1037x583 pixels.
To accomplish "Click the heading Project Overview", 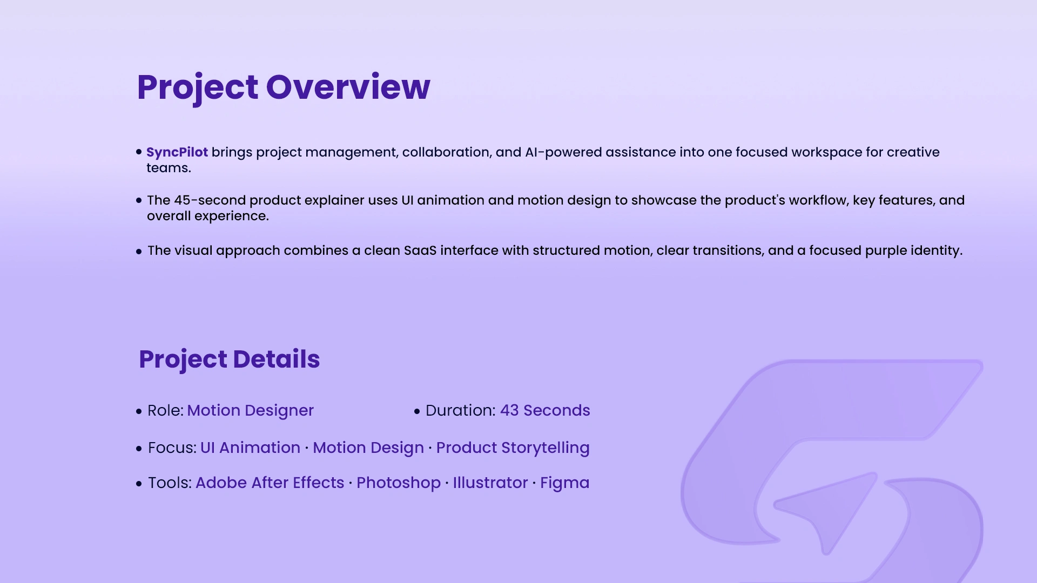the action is pos(284,87).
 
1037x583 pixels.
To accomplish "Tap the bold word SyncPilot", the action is pos(177,153).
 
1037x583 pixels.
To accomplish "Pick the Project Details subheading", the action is pos(230,360).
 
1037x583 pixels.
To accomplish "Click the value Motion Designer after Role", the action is pos(251,411).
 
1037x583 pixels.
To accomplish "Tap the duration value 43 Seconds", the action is pos(545,410).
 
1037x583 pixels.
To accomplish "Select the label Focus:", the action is pos(172,448).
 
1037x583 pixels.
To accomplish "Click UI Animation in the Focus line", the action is pos(250,448).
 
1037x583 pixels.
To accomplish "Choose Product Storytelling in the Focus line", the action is pos(513,448).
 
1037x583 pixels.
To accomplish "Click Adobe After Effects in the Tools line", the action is pos(270,483).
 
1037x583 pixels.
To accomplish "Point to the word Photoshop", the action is pos(399,483).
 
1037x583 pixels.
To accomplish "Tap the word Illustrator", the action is pos(490,483).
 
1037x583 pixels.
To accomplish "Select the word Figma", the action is pos(565,483).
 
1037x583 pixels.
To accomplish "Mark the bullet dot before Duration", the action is pos(417,411).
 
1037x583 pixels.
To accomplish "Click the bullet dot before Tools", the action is pos(139,484).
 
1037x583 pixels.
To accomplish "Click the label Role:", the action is pos(166,411).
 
